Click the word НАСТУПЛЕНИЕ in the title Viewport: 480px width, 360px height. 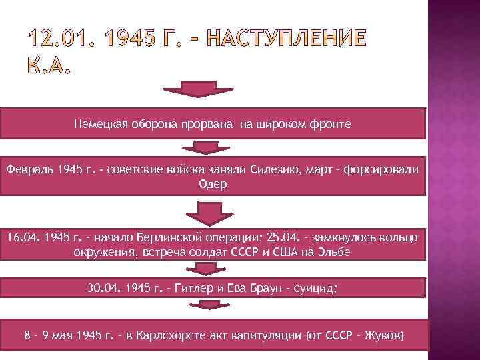point(289,40)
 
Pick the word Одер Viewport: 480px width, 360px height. point(213,184)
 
